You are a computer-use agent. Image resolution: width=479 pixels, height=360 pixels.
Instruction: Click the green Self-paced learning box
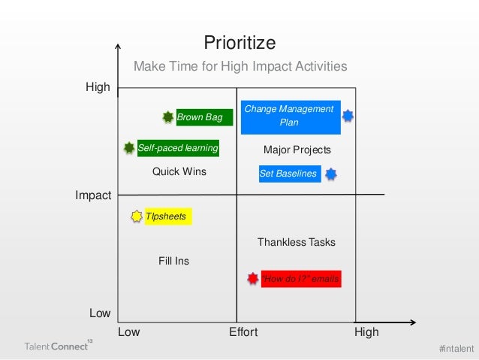coord(178,148)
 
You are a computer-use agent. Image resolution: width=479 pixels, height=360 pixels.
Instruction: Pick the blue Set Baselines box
coord(288,174)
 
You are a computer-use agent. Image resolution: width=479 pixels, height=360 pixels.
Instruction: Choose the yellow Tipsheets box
coord(167,216)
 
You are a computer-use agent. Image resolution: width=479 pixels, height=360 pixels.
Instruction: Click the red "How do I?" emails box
coord(300,279)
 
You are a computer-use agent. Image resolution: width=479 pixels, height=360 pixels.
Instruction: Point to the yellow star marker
coord(136,216)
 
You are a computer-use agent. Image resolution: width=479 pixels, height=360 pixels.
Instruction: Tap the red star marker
coord(253,279)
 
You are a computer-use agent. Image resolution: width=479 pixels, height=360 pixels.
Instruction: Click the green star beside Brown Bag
coord(168,116)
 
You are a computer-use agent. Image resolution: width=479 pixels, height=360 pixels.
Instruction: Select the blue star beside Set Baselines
coord(330,174)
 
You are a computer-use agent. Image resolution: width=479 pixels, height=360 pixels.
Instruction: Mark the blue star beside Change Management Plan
coord(348,116)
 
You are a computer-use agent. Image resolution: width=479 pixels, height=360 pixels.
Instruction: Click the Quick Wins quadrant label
coord(179,171)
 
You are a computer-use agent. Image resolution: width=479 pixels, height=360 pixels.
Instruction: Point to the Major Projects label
coord(297,150)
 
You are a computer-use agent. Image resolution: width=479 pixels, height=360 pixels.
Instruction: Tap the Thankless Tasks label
coord(297,242)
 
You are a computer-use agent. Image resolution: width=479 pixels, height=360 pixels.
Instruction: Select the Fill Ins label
coord(173,261)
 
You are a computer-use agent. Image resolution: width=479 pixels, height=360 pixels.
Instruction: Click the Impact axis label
coord(93,195)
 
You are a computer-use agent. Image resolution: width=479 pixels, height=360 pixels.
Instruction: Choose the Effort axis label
coord(243,332)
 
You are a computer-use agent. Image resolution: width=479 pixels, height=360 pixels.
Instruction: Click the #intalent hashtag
coord(456,348)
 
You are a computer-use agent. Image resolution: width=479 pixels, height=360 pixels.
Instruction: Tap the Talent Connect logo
coord(56,346)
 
